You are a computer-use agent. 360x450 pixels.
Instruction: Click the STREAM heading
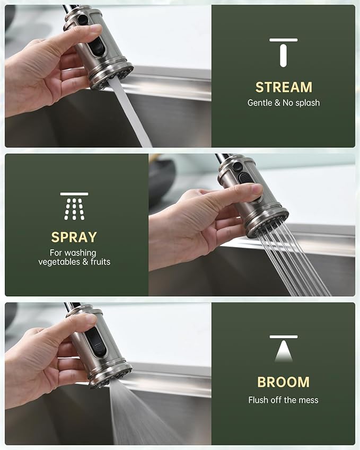pos(284,87)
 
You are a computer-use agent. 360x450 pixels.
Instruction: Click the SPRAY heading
pos(74,236)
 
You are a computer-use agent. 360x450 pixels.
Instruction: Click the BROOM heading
pos(283,382)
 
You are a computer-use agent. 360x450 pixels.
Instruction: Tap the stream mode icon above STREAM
pos(283,52)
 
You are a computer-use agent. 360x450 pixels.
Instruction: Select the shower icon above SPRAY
pos(74,206)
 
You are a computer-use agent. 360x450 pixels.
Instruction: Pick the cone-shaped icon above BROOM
pos(283,350)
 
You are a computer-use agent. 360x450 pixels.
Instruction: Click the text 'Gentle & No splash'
pos(284,103)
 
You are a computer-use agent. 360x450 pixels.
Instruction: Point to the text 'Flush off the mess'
pos(283,400)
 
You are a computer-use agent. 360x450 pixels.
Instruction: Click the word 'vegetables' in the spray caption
pos(59,262)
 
